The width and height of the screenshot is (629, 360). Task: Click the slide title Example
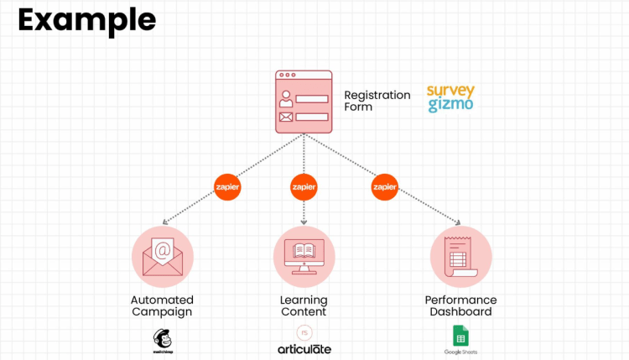tap(86, 19)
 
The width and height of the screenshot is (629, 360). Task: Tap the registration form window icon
tap(304, 102)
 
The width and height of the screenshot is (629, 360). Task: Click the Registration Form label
tap(377, 101)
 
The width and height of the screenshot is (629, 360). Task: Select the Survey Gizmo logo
tap(450, 97)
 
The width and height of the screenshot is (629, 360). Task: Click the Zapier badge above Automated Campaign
tap(227, 186)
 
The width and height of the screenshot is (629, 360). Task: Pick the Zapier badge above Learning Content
tap(303, 186)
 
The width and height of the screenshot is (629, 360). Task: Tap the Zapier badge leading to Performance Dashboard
tap(384, 186)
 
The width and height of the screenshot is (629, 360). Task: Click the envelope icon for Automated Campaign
tap(163, 256)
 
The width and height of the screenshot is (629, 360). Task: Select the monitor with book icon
tap(304, 256)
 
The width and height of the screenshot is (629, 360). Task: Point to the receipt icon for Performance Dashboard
tap(460, 256)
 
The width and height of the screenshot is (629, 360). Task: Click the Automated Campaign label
tap(162, 305)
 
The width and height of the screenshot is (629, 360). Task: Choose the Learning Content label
tap(304, 305)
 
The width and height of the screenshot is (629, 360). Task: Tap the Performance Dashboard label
tap(460, 305)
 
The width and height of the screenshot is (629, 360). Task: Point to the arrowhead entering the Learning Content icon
tap(304, 222)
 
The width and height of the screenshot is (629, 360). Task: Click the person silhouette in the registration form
tap(286, 98)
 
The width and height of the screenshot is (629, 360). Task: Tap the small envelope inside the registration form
tap(286, 116)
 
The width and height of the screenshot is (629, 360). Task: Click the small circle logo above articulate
tap(304, 331)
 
